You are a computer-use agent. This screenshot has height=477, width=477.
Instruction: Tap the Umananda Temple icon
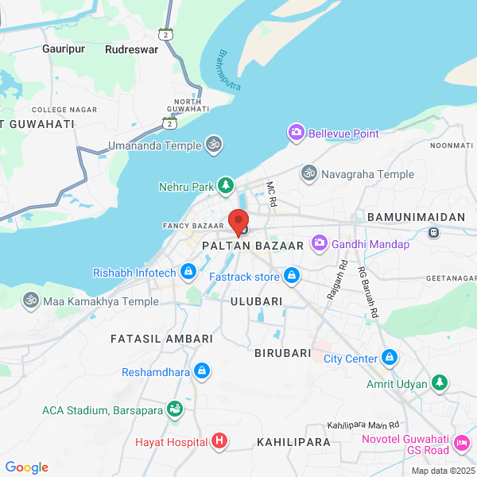coord(214,144)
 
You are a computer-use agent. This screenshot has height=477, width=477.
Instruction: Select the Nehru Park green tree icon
coord(226,186)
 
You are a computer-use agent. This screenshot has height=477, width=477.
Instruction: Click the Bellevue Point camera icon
coord(297,133)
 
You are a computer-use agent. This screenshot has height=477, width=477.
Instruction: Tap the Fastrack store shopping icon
coord(292,276)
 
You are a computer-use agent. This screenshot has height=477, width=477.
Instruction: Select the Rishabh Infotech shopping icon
coord(188,273)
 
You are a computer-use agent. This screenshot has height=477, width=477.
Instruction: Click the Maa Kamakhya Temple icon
coord(30,301)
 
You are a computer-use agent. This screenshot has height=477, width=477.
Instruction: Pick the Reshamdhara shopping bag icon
coord(202,371)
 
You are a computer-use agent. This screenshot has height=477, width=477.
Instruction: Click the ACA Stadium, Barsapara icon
coord(175,410)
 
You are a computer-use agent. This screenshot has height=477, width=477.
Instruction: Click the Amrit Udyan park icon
coord(440,383)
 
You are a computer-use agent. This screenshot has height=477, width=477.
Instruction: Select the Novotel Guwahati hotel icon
coord(461,442)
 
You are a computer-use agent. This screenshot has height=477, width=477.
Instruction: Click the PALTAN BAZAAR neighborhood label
coord(253,246)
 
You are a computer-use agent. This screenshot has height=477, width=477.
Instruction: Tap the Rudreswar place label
coord(131,48)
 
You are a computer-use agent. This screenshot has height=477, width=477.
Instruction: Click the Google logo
coord(26,467)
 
